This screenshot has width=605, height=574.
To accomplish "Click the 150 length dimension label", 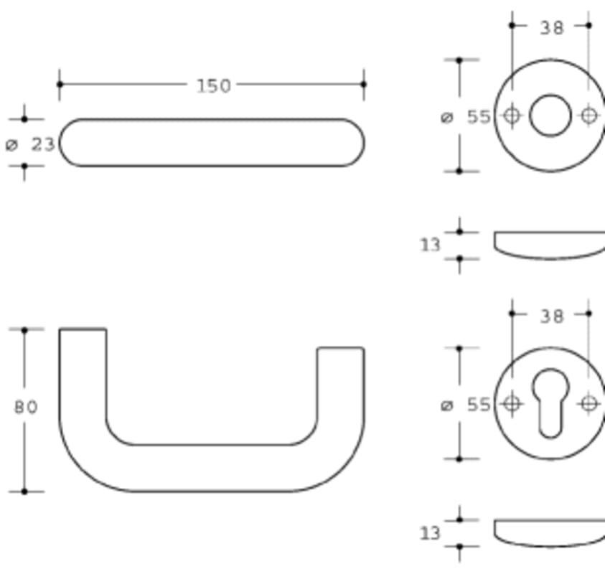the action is tap(214, 85).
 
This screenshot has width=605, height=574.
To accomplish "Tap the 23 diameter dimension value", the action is tap(43, 145).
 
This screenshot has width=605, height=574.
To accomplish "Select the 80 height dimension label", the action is tap(27, 407).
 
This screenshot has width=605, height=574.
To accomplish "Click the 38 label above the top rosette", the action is tap(552, 28).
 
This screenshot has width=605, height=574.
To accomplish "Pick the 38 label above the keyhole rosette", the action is tap(552, 316).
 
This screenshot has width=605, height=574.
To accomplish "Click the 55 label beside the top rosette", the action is tap(479, 116).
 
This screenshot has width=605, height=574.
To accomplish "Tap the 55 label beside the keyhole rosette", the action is tap(479, 405).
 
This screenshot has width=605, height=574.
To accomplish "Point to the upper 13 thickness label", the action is tap(430, 245).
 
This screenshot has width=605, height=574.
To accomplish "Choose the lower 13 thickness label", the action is tap(430, 534).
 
